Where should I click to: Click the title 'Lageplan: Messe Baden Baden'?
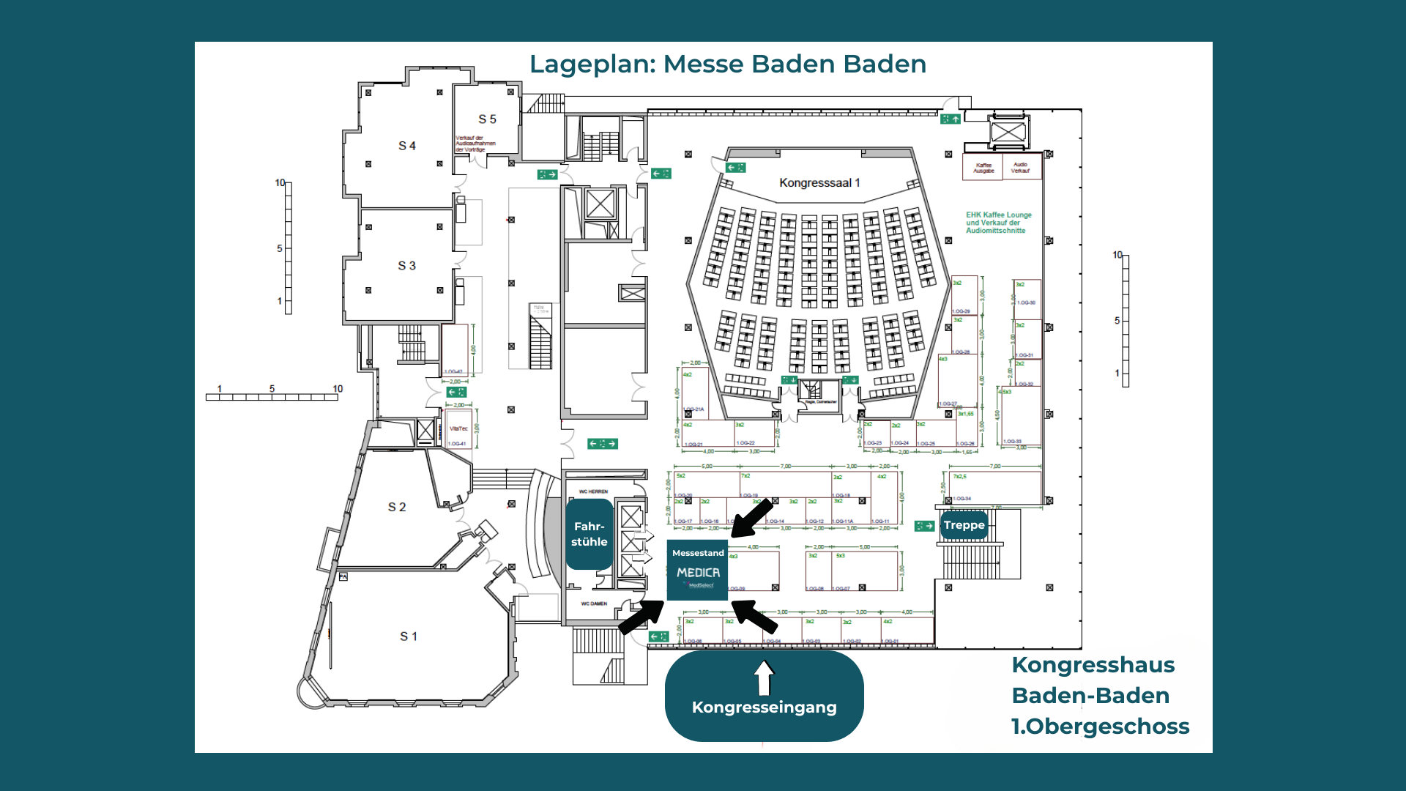727,64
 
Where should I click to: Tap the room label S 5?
487,119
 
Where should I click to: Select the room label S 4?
407,146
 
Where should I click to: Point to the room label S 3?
406,266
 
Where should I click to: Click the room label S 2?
397,507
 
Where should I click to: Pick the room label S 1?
409,636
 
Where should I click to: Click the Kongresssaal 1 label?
819,183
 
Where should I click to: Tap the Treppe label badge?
964,525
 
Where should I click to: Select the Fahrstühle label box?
589,534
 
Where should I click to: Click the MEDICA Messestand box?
698,571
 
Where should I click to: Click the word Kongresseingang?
764,708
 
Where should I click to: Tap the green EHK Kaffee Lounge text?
998,223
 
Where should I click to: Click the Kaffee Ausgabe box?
983,168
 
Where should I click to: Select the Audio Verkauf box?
1020,168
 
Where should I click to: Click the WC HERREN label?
593,491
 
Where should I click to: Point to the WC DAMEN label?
594,604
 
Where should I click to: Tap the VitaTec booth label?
458,428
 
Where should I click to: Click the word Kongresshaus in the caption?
1093,665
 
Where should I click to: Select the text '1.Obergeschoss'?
1100,727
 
